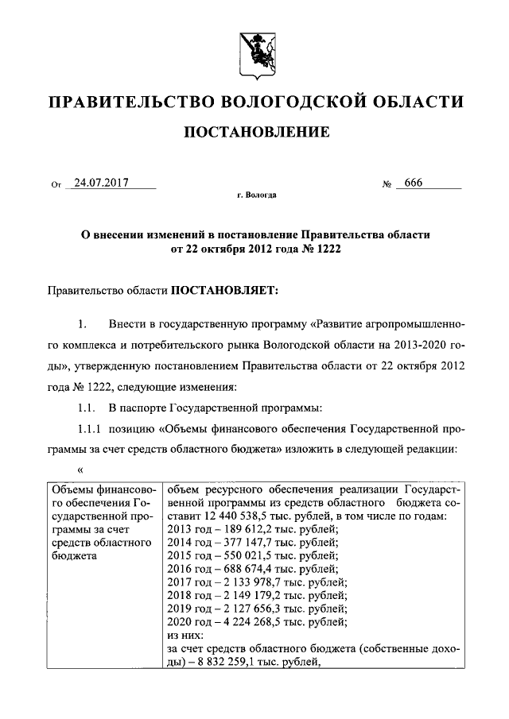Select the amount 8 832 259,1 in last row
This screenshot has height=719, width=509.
click(x=227, y=663)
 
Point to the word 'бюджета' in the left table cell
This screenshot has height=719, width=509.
click(x=72, y=555)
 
